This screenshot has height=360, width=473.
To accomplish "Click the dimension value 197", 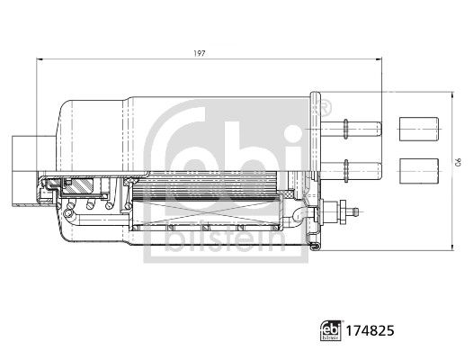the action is [x=200, y=53].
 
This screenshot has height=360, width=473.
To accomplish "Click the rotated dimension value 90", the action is [x=458, y=162].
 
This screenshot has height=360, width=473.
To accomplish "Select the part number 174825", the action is [x=370, y=330].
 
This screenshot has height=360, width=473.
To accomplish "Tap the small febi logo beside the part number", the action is [x=331, y=330].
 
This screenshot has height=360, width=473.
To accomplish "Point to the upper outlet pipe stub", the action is [x=352, y=129].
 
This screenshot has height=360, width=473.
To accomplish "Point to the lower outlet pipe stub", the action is [x=352, y=171].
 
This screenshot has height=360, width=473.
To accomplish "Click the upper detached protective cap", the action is [x=419, y=129].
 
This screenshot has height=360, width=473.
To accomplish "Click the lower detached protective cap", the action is [x=419, y=171].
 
